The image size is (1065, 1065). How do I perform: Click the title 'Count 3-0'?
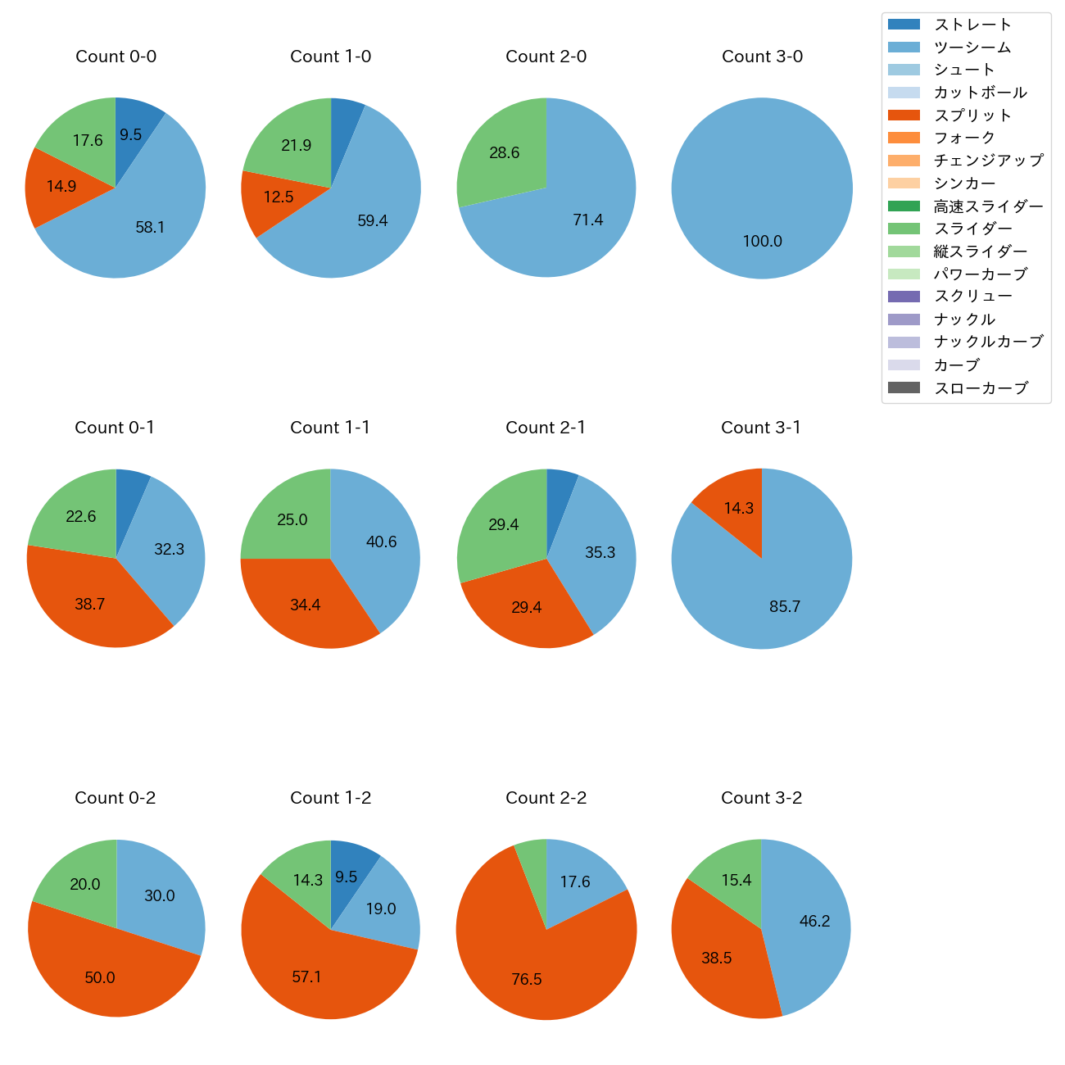[762, 57]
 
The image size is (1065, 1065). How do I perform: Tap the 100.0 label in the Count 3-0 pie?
[762, 241]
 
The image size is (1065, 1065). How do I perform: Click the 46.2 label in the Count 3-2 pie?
[814, 921]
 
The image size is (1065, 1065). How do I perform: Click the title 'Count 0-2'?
[116, 798]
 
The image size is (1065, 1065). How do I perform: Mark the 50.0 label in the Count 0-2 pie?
[100, 977]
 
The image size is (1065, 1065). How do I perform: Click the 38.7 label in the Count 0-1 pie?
[89, 605]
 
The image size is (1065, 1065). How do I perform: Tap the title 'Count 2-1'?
[546, 428]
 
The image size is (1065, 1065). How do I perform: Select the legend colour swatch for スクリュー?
[904, 297]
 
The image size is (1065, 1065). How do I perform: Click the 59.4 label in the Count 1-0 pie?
[373, 220]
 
